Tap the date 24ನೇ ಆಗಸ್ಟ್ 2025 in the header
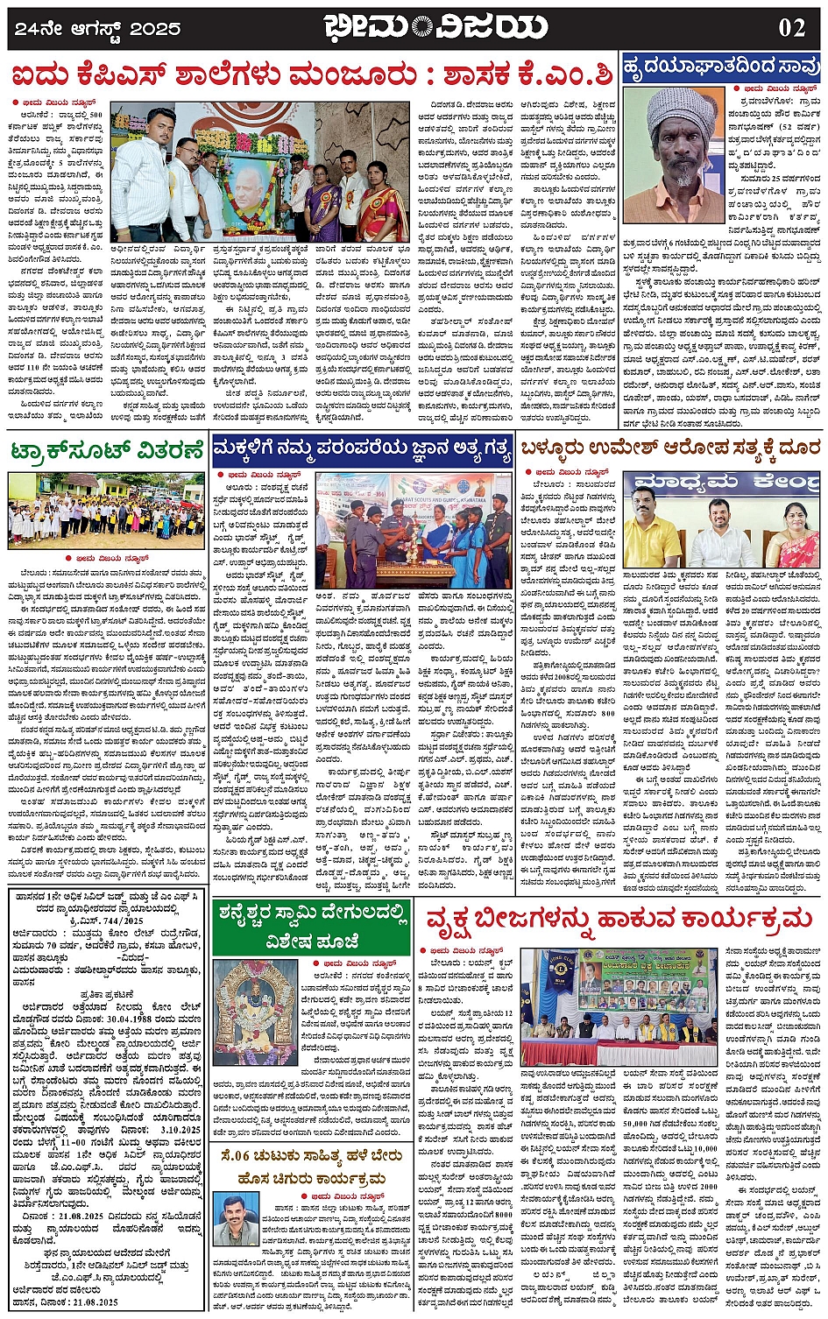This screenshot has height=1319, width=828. click(98, 28)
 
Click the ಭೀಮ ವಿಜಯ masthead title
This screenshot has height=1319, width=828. click(435, 27)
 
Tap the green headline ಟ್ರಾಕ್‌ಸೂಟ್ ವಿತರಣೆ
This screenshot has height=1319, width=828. click(106, 452)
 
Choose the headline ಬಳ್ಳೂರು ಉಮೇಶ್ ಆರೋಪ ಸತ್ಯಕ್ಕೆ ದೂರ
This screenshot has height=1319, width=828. click(670, 448)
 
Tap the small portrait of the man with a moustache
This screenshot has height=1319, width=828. click(236, 1218)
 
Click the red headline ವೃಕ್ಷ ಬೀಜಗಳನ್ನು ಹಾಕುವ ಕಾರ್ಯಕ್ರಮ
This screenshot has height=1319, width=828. click(619, 919)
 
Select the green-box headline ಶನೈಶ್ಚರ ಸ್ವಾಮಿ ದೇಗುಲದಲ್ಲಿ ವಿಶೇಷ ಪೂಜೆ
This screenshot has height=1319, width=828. click(311, 928)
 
